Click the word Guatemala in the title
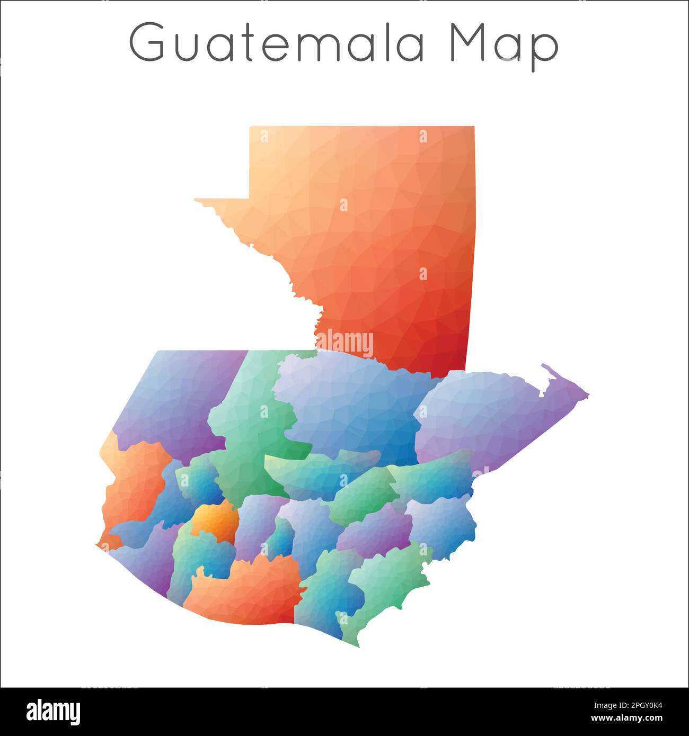tap(277, 42)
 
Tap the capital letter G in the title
tap(147, 42)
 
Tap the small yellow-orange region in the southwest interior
tap(215, 522)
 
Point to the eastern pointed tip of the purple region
tap(587, 395)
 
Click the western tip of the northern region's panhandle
tap(196, 200)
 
